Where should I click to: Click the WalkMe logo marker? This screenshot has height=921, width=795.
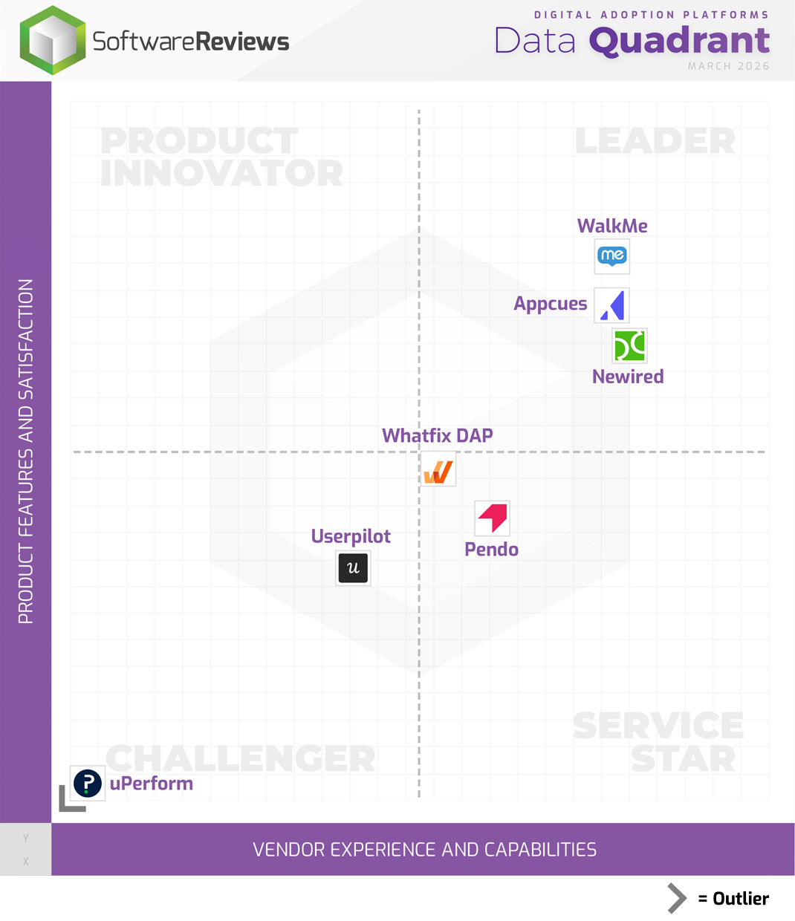612,256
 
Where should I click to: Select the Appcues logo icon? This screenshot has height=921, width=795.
612,305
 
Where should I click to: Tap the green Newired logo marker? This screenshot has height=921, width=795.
629,346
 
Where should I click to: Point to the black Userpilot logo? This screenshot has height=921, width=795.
353,568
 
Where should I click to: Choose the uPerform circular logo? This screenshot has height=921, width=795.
88,783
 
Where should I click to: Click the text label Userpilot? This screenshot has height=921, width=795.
351,536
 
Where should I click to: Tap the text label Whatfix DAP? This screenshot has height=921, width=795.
437,435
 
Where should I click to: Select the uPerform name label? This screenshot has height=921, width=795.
152,784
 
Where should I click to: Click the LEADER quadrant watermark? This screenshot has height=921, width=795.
655,141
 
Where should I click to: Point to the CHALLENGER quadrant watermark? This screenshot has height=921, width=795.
241,758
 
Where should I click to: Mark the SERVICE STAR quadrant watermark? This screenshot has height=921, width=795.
658,742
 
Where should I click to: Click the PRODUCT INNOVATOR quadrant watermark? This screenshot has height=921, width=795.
221,157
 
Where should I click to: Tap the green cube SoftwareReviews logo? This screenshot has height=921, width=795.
52,41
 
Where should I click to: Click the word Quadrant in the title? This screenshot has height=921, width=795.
679,41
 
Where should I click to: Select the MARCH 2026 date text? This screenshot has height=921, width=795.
728,66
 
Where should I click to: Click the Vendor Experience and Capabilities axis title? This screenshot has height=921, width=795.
424,850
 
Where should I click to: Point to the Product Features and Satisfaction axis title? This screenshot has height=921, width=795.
26,452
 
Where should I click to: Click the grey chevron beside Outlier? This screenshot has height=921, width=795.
676,899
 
